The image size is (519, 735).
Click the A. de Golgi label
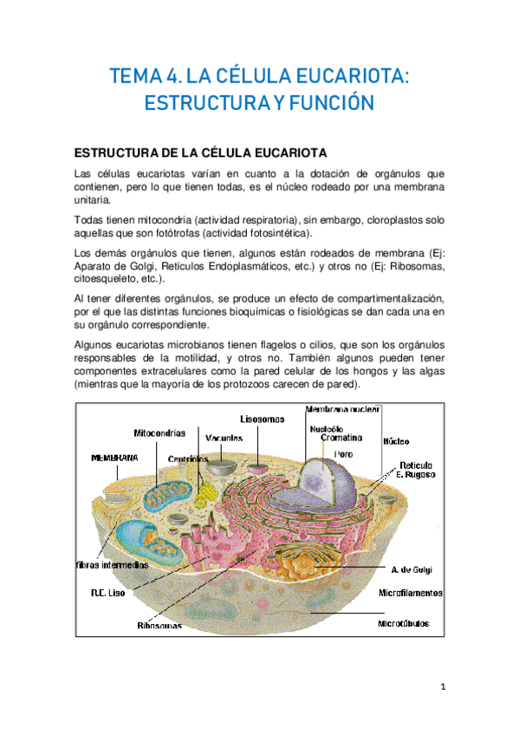click(x=411, y=569)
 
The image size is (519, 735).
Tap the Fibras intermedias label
click(x=111, y=564)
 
